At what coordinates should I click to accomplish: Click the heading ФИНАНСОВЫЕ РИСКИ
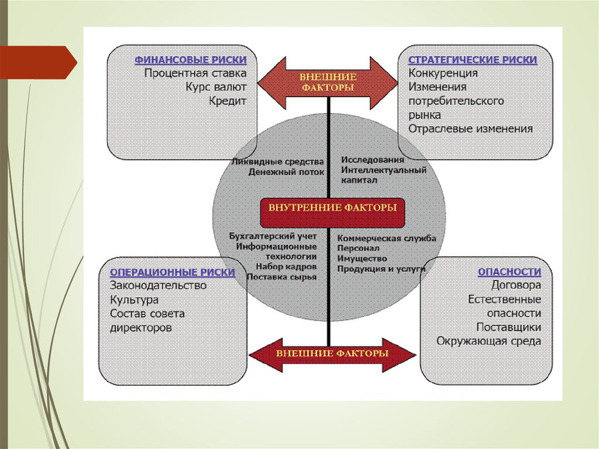pyautogui.click(x=191, y=60)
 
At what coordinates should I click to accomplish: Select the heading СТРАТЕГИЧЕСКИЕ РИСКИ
pyautogui.click(x=473, y=60)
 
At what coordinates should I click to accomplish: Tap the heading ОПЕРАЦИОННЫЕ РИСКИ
pyautogui.click(x=173, y=272)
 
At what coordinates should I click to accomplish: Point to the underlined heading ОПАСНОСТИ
pyautogui.click(x=510, y=272)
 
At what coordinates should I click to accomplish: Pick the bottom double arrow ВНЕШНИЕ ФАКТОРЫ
pyautogui.click(x=332, y=354)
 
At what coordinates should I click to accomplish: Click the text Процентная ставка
pyautogui.click(x=195, y=74)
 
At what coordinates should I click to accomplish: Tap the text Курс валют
pyautogui.click(x=216, y=87)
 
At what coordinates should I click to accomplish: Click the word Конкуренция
pyautogui.click(x=443, y=74)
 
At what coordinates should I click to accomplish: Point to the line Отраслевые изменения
pyautogui.click(x=471, y=129)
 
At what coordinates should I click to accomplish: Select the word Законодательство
pyautogui.click(x=159, y=286)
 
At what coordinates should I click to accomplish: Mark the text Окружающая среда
pyautogui.click(x=489, y=341)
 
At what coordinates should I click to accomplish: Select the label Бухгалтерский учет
pyautogui.click(x=274, y=237)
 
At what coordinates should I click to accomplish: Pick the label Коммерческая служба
pyautogui.click(x=387, y=239)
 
